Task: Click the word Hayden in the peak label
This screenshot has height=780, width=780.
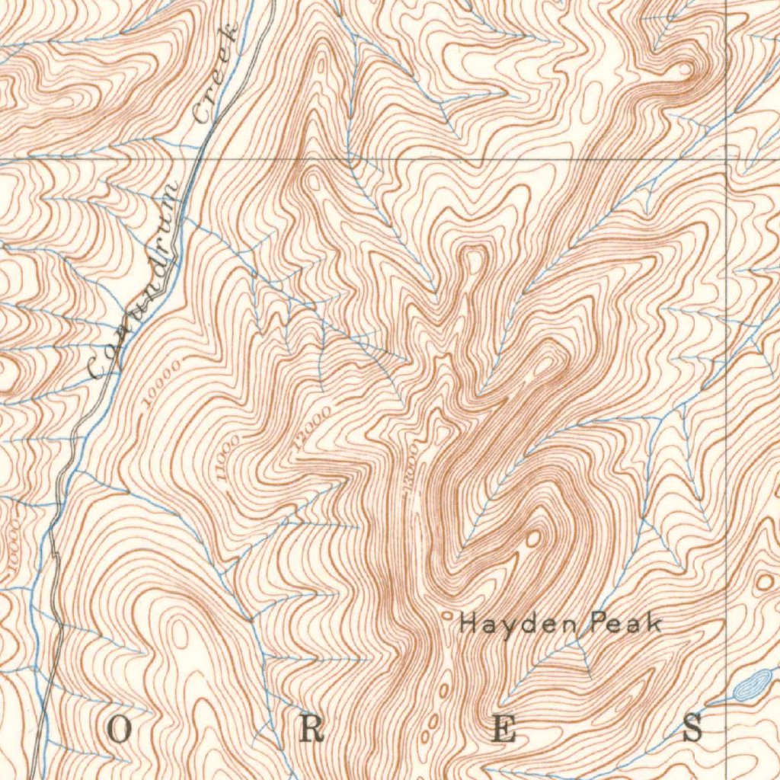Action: coord(500,625)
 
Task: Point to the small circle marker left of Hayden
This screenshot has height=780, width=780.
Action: coord(447,614)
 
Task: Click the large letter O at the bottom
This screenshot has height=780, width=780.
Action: coord(120,730)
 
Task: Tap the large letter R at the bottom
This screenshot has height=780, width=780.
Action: coord(311,730)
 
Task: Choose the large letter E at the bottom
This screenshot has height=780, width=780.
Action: coord(503,730)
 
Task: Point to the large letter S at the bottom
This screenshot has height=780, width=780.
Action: coord(692,729)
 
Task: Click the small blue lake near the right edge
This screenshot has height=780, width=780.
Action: coord(750,684)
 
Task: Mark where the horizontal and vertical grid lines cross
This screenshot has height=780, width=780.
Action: coord(727,159)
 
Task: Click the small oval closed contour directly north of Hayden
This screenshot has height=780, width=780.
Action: coord(533,539)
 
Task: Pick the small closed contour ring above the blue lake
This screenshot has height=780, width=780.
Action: coord(762,583)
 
